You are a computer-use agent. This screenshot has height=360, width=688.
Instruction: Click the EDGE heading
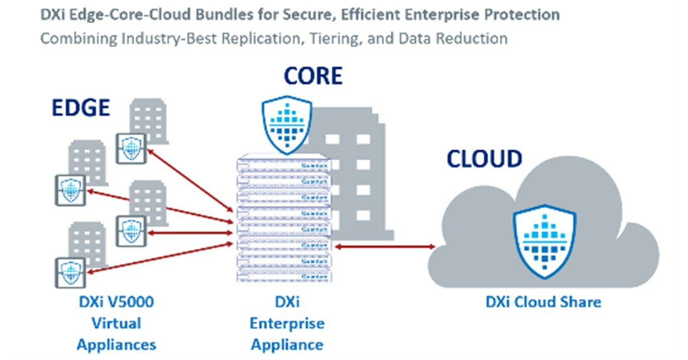tap(81, 108)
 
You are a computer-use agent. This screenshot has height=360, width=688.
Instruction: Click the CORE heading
tap(313, 76)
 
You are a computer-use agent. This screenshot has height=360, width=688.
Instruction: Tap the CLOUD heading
tap(484, 159)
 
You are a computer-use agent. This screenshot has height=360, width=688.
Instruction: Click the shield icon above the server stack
tap(287, 124)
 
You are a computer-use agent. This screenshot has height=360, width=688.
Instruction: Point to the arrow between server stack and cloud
tap(385, 247)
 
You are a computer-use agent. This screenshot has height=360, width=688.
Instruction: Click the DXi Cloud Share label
tap(543, 302)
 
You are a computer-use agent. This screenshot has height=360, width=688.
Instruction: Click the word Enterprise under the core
tap(287, 323)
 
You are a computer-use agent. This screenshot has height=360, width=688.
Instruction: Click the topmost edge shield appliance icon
tap(131, 149)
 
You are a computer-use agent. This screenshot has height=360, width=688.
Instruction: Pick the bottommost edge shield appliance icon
tap(70, 273)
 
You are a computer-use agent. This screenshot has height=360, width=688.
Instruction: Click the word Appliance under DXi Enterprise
tap(287, 345)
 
